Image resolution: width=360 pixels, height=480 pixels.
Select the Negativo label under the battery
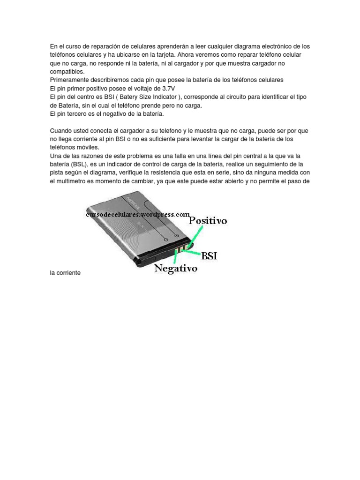[176, 269]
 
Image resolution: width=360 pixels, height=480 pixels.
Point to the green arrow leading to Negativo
[175, 256]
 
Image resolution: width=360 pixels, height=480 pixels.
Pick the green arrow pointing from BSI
[193, 252]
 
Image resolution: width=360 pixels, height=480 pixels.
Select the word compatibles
[67, 72]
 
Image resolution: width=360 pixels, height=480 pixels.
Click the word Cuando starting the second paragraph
[61, 131]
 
